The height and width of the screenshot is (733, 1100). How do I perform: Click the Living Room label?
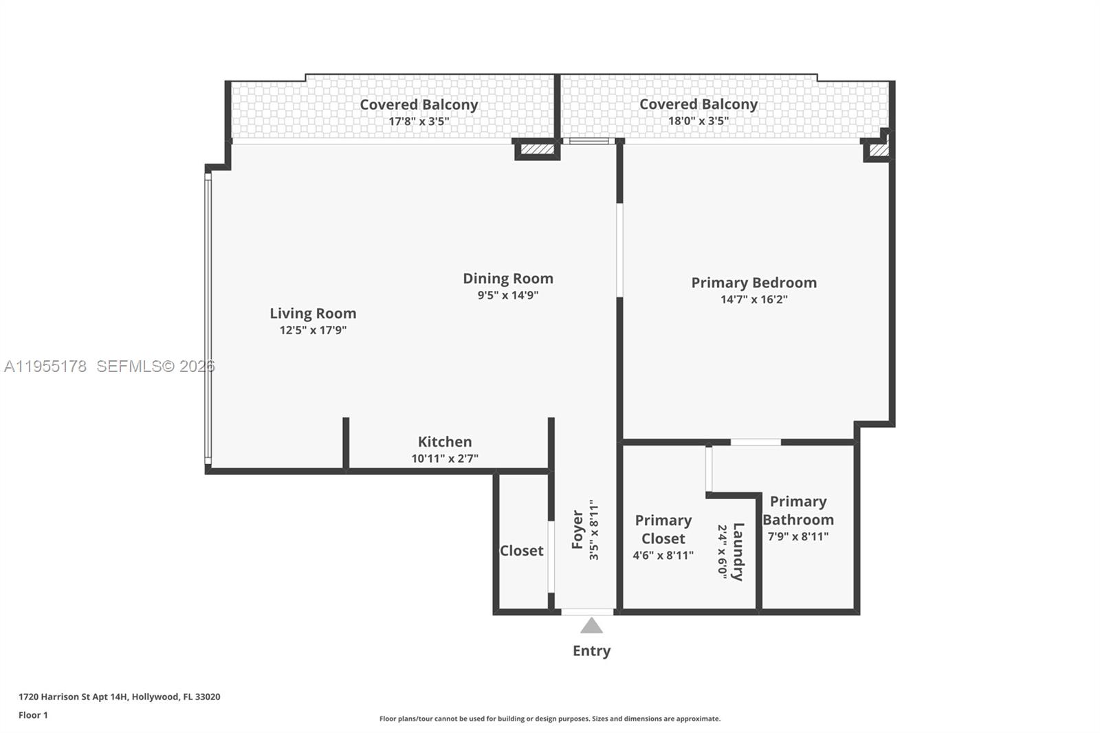coord(313,314)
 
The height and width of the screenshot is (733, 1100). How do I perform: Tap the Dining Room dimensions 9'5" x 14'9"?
coord(508,296)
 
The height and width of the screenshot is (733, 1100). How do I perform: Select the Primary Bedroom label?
coord(753,283)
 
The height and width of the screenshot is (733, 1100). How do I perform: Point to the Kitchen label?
coord(445,441)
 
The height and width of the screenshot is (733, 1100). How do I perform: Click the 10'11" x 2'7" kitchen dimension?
coord(445,459)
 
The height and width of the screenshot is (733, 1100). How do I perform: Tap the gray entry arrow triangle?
coord(591,626)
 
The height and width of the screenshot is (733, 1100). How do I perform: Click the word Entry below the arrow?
coord(591,650)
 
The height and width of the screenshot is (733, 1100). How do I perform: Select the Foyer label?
coord(577,529)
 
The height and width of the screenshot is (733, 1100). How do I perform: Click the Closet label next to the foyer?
coord(521,551)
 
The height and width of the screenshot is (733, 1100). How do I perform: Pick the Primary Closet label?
coord(663,529)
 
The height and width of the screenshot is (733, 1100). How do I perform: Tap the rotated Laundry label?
coord(738,551)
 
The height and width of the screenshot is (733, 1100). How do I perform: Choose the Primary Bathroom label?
coord(797,510)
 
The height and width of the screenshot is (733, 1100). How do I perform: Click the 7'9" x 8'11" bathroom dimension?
coord(797,536)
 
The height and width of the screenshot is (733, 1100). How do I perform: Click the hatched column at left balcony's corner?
coord(537,149)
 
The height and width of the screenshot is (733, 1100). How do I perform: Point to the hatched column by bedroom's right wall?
coord(878,149)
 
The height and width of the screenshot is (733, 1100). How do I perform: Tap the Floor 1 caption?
coord(33,715)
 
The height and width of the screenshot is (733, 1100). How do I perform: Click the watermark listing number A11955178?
coord(45,366)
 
